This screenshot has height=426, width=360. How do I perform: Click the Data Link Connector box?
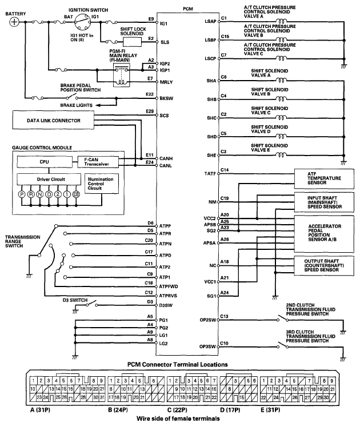pyautogui.click(x=53, y=121)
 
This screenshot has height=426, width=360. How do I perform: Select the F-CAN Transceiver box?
pyautogui.click(x=97, y=162)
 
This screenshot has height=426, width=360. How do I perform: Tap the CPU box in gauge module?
pyautogui.click(x=44, y=162)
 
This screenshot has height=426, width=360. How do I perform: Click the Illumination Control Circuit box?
pyautogui.click(x=101, y=183)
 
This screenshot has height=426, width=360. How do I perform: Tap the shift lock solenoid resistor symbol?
pyautogui.click(x=132, y=42)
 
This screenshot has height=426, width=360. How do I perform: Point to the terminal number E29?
pyautogui.click(x=150, y=110)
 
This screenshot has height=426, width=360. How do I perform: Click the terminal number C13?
pyautogui.click(x=224, y=316)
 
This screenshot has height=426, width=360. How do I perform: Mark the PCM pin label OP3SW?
pyautogui.click(x=207, y=346)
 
